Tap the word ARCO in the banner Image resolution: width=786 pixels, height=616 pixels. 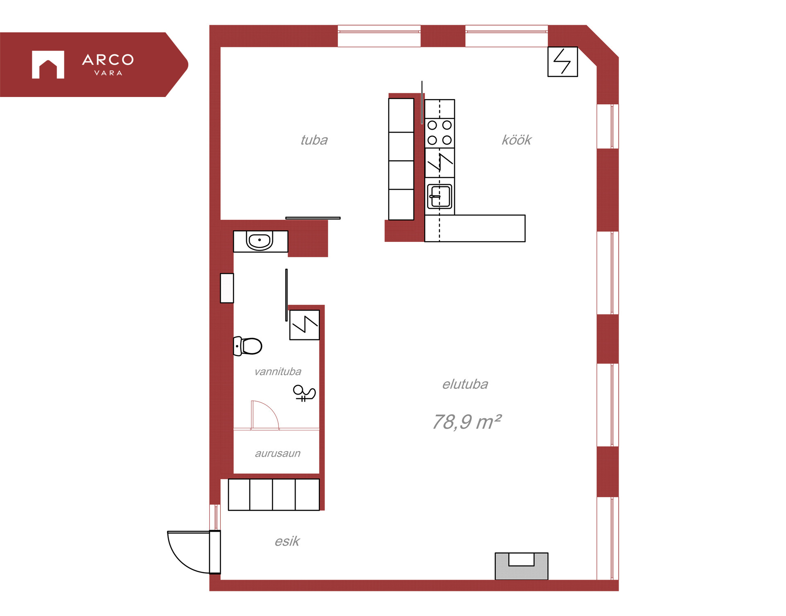click(108, 60)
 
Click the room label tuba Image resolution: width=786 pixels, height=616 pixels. click(314, 140)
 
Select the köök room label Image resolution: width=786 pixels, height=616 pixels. click(517, 140)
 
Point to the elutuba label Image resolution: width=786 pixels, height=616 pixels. click(465, 384)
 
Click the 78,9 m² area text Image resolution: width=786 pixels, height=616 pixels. click(467, 422)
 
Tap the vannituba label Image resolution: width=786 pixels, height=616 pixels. click(278, 371)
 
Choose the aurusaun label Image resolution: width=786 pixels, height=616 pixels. click(278, 453)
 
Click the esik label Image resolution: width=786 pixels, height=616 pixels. click(287, 541)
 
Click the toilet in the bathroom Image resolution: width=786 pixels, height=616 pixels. click(248, 346)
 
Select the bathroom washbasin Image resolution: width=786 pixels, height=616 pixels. click(260, 240)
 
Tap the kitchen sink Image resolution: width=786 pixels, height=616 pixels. click(440, 196)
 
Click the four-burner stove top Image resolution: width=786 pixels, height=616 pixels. click(440, 133)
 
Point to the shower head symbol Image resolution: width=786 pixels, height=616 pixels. click(304, 393)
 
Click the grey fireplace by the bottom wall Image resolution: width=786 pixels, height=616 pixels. click(521, 566)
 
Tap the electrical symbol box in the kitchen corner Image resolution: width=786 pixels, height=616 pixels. click(562, 62)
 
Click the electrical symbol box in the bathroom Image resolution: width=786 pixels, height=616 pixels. click(304, 325)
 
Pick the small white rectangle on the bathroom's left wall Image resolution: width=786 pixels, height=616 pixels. click(227, 288)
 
